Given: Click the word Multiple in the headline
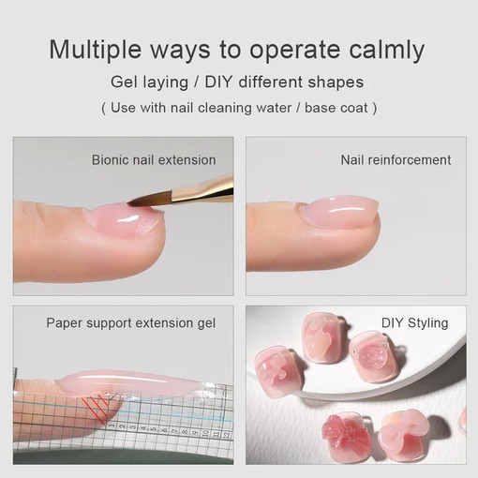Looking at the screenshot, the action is tap(96, 50).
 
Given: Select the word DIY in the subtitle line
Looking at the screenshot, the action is tap(218, 82).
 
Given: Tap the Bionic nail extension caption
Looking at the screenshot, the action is tap(154, 160).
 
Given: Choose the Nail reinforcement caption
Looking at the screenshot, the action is tap(396, 160).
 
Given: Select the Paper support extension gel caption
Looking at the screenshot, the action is tap(131, 323).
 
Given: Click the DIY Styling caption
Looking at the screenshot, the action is tap(415, 323).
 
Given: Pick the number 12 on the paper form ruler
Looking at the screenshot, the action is tap(227, 434).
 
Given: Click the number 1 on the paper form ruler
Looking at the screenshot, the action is tap(111, 426).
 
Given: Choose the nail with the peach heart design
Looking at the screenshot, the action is tap(321, 337).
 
